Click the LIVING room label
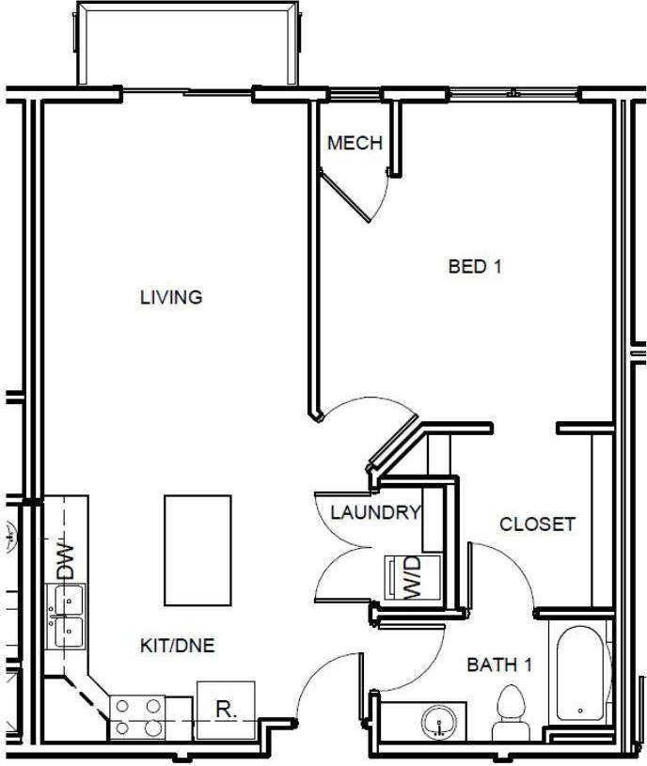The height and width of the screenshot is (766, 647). [x=171, y=298]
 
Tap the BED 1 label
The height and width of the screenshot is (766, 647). [x=474, y=267]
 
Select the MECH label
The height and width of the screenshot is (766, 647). [x=355, y=144]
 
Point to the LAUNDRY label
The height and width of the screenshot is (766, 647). [x=374, y=513]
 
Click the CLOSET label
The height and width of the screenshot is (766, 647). [x=536, y=524]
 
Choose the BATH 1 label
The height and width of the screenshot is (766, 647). [x=500, y=665]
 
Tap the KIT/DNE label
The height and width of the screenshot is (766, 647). [x=178, y=646]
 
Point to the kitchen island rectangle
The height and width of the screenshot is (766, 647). [x=197, y=551]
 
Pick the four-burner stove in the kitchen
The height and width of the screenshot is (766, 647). [x=137, y=717]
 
